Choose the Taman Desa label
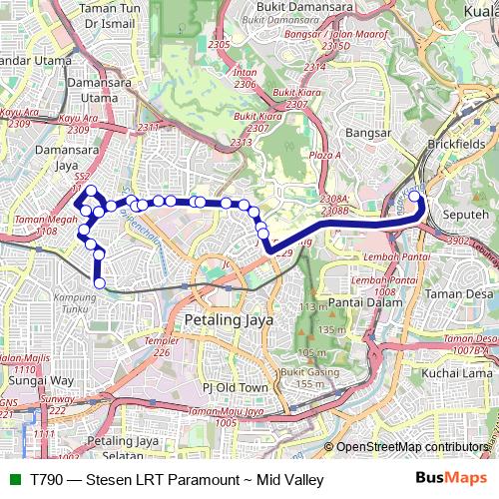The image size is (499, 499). coord(458,294)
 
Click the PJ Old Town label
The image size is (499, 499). coord(236,386)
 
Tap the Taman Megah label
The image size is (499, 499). coord(42,220)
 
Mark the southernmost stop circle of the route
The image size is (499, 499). coord(99,283)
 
